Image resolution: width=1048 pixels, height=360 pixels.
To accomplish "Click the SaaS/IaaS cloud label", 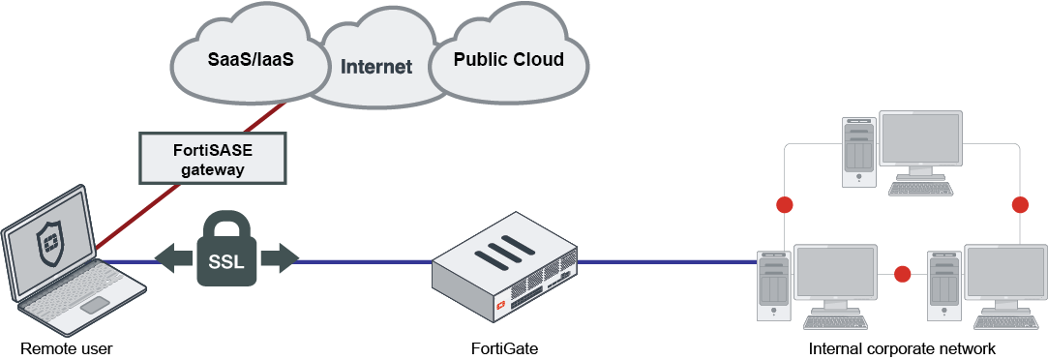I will (x=251, y=59).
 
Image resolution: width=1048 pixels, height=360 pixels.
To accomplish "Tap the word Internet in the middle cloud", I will (x=375, y=67).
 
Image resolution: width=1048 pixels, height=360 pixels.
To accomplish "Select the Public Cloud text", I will (x=509, y=59).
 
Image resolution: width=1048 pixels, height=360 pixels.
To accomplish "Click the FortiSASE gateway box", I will (x=214, y=158).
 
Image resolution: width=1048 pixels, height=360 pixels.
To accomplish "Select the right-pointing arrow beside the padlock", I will (x=280, y=259).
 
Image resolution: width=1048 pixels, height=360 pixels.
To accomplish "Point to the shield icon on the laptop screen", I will (x=48, y=244).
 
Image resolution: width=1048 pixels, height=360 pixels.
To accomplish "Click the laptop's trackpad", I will (x=94, y=306).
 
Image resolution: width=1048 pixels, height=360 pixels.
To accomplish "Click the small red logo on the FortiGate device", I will (x=502, y=305).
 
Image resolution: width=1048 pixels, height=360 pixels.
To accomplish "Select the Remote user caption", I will (x=59, y=348).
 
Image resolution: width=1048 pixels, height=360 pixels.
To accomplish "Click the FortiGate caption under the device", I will (x=503, y=348).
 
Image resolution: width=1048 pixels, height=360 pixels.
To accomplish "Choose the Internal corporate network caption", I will (x=902, y=348).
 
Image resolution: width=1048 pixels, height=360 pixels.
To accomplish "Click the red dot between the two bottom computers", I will (x=903, y=274).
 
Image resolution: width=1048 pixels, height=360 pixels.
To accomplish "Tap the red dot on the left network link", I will (x=784, y=205).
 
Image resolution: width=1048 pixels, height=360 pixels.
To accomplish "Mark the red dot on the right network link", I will (x=1019, y=205).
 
